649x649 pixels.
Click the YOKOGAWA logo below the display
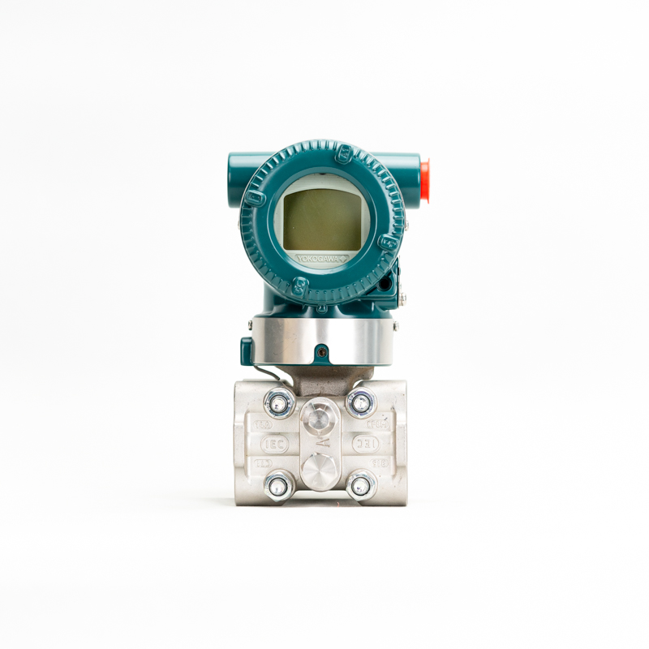(321, 258)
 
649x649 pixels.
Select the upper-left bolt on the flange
(281, 402)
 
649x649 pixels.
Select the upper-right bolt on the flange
(360, 402)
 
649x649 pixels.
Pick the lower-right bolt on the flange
(360, 485)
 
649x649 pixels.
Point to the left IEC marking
(273, 445)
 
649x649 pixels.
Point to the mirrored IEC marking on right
(366, 445)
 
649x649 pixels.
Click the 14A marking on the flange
(263, 424)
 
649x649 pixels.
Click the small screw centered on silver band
(323, 353)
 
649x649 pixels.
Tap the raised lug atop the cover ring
(344, 151)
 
